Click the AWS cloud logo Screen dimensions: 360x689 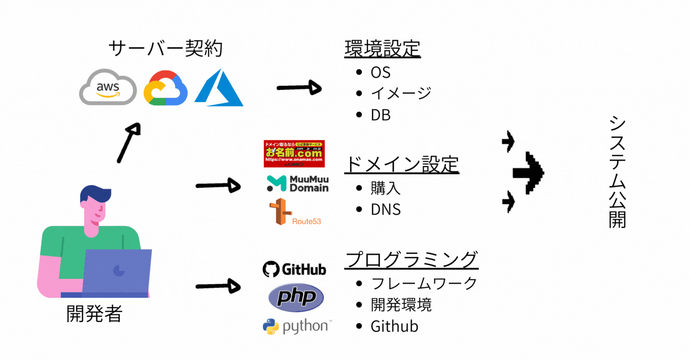click(x=108, y=88)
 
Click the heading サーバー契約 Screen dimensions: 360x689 click(x=165, y=48)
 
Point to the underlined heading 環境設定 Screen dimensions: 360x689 click(x=382, y=48)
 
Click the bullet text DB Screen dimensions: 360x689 click(x=381, y=115)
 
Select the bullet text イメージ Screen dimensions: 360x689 click(x=401, y=93)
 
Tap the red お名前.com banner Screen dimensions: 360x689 click(x=294, y=153)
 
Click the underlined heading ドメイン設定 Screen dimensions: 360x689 click(x=401, y=164)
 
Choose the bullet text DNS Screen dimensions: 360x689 click(x=386, y=210)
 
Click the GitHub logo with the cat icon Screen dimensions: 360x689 click(x=294, y=269)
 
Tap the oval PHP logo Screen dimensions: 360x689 click(x=296, y=298)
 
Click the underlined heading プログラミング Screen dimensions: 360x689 click(x=411, y=260)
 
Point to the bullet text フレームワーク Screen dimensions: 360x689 click(x=424, y=283)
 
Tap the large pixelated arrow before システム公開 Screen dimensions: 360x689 click(x=529, y=173)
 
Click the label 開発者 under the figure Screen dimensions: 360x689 click(x=94, y=314)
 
